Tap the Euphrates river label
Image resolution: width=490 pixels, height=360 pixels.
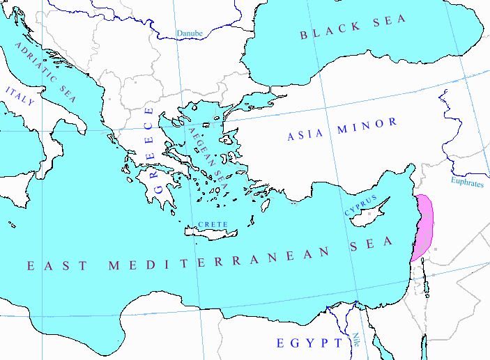(x=466, y=182)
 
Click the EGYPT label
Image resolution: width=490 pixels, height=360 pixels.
(x=309, y=343)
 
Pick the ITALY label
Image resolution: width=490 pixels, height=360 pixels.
(x=20, y=97)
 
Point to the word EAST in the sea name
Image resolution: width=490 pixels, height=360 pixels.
(x=57, y=265)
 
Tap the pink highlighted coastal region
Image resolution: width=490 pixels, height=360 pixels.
(x=424, y=226)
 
